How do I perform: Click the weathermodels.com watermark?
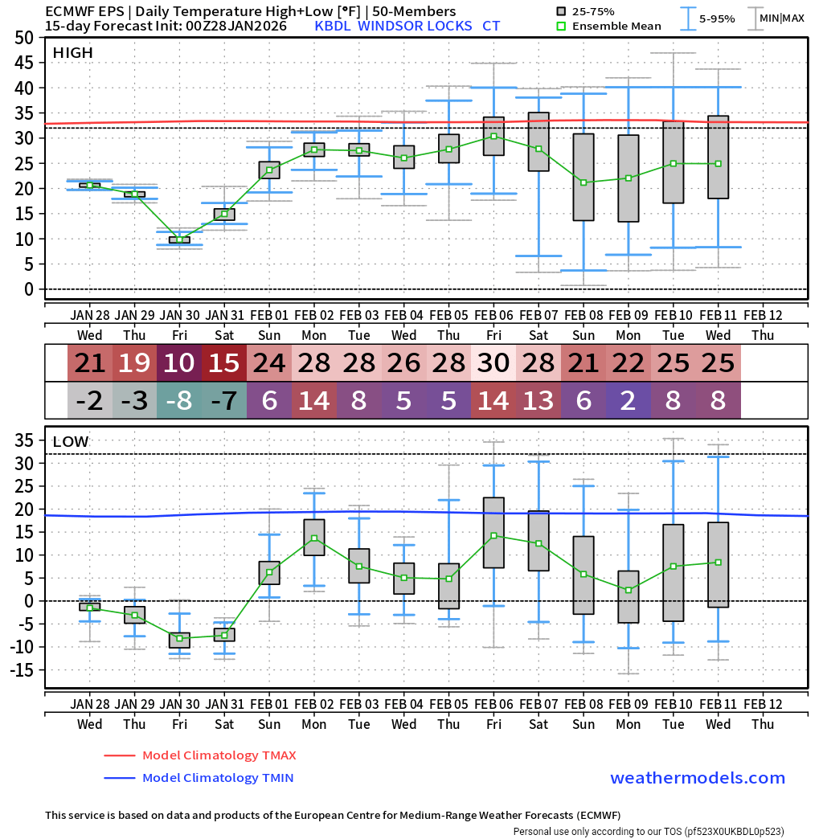(x=698, y=778)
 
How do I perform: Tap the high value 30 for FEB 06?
(x=493, y=363)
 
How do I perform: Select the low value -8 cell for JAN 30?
(x=179, y=400)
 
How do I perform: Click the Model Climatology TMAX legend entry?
(x=219, y=755)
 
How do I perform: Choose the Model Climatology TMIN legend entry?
(x=217, y=778)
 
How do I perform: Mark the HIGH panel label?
(x=72, y=53)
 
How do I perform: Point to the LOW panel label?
(x=71, y=442)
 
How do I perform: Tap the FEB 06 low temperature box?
(x=493, y=533)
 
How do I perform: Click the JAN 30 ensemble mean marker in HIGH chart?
(x=179, y=239)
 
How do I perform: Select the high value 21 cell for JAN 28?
(x=90, y=363)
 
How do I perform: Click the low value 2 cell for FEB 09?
(x=629, y=400)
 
